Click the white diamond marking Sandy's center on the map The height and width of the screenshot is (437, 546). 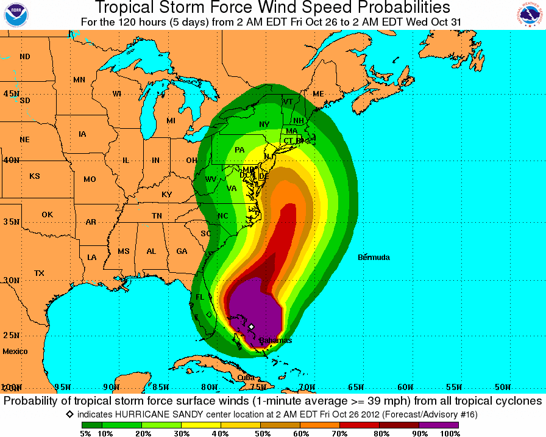pos(251,327)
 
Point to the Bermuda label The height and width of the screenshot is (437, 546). pos(374,258)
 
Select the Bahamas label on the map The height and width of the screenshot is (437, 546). pos(275,341)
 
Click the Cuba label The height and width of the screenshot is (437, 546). pos(246,378)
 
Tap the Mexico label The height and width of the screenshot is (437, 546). pos(15,352)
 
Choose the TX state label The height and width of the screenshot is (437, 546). pos(40,273)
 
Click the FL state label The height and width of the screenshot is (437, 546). pos(200,297)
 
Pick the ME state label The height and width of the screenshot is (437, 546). pos(318,94)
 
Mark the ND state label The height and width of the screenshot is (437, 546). pos(25,57)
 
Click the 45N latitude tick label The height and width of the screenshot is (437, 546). pos(11,93)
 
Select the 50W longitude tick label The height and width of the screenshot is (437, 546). pos(502,388)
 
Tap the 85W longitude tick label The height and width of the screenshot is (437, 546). pos(160,388)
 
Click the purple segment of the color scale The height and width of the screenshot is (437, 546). pos(439,425)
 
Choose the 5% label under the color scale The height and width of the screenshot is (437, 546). pos(85,433)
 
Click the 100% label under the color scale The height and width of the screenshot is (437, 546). pos(449,433)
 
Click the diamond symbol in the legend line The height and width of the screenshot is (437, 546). pos(70,414)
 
